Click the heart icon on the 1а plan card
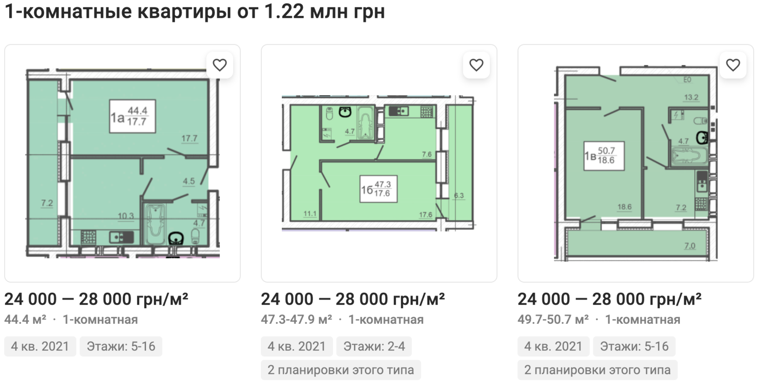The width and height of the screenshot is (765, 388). pos(219,65)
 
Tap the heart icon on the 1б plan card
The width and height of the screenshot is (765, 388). pos(476,65)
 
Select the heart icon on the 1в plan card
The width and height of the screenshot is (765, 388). pos(733,65)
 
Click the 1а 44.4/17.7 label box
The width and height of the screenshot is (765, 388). pos(133,116)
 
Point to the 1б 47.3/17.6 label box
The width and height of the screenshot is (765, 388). pos(378,189)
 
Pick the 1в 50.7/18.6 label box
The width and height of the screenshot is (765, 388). pos(604,156)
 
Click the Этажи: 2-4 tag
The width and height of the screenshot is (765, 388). pos(374,347)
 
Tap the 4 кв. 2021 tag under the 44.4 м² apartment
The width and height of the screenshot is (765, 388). pos(40,347)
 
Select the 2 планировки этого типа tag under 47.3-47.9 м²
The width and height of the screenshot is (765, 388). pos(341,370)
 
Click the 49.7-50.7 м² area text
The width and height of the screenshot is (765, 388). pos(553,320)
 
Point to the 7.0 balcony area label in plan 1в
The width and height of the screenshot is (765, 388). pos(689,246)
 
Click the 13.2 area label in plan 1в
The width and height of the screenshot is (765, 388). pos(691,98)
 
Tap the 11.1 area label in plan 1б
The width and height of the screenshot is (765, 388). pos(310,214)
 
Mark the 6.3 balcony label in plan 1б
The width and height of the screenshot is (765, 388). pos(459,196)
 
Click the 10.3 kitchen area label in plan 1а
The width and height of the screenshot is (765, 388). pos(126,216)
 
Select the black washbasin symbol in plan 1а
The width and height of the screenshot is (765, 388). pos(176,238)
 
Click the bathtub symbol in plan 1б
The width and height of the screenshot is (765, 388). pos(365,123)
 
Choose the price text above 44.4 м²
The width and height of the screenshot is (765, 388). pos(97,299)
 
